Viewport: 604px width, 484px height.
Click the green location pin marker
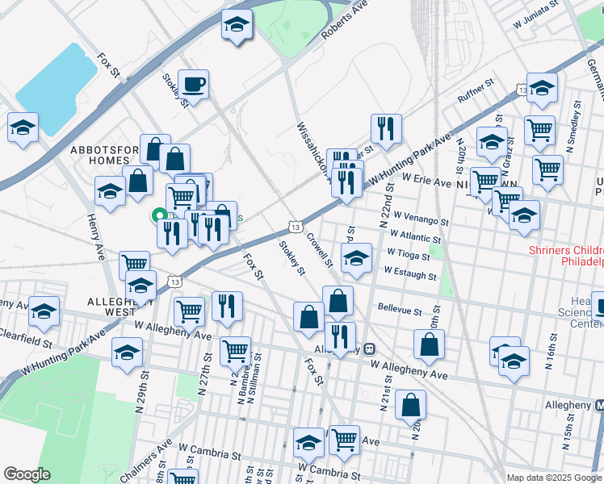click(x=160, y=215)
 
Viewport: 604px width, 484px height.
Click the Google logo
click(x=27, y=474)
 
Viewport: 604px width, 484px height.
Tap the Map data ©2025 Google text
click(x=553, y=478)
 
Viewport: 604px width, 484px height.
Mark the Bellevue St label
click(x=400, y=310)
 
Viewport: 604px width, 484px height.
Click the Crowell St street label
click(x=319, y=249)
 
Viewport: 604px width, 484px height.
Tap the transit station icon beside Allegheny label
click(x=369, y=349)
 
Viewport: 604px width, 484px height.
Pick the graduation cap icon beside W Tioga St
click(x=355, y=258)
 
